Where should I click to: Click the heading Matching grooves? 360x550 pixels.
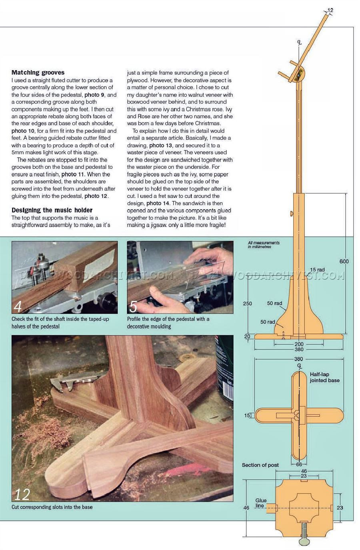(x=38, y=72)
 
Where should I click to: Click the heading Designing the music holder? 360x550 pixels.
(x=52, y=210)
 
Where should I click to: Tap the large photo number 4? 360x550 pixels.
(x=18, y=306)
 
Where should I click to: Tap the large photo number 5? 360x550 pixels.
(x=133, y=306)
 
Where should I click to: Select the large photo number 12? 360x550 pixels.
(x=22, y=494)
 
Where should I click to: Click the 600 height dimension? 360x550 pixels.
(x=344, y=261)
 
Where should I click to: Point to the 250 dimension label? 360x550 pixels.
(x=248, y=303)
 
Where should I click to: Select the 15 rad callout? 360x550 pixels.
(x=317, y=270)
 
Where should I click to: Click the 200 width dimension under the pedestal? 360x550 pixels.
(x=299, y=344)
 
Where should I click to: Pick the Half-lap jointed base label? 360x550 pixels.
(x=324, y=377)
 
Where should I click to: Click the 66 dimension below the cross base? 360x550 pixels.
(x=299, y=464)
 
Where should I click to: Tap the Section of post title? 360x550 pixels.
(x=260, y=465)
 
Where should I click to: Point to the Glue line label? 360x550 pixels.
(x=261, y=503)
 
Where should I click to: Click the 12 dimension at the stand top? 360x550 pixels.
(x=330, y=10)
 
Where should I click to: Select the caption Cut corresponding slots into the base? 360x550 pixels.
(x=52, y=507)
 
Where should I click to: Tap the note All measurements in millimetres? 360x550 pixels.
(x=264, y=244)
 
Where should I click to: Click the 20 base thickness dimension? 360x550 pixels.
(x=247, y=336)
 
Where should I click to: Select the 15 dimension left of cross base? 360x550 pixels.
(x=247, y=416)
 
